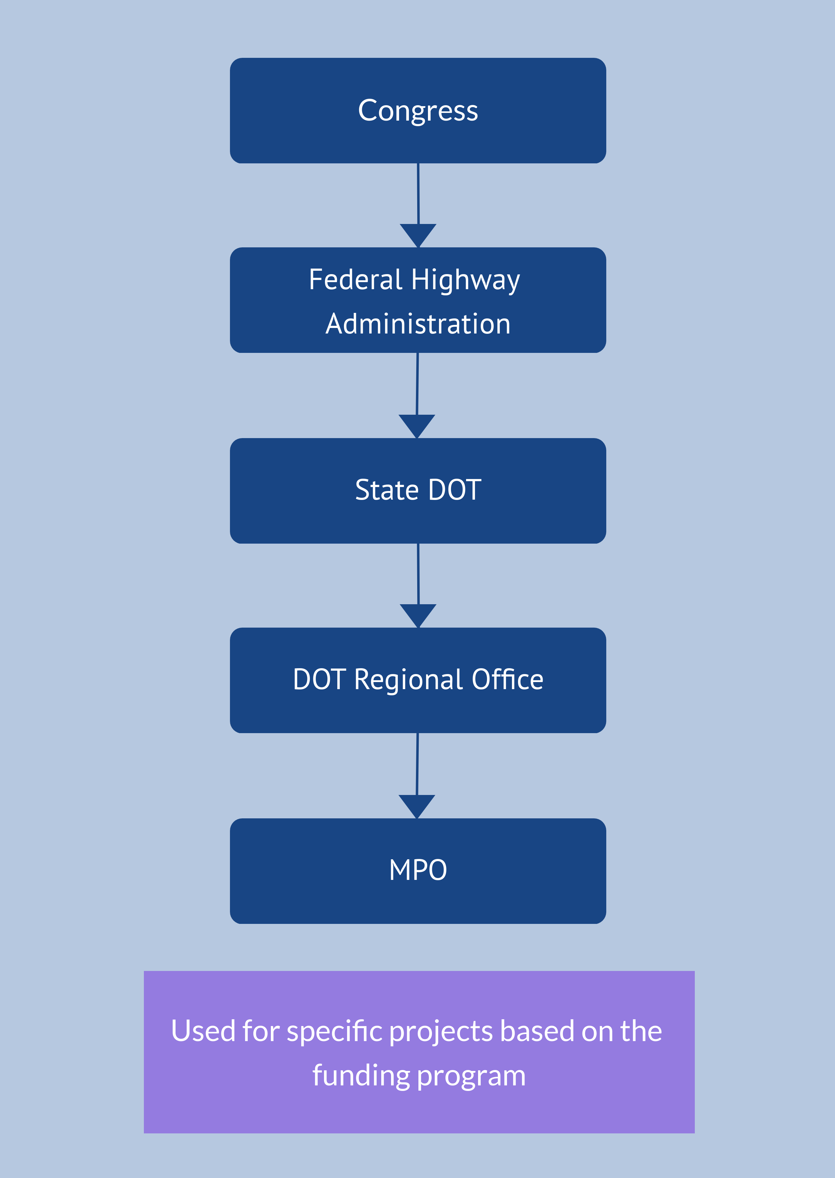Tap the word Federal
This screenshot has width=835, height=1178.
click(x=355, y=280)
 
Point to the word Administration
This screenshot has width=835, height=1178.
click(x=418, y=324)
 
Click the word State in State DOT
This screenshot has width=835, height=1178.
click(x=387, y=490)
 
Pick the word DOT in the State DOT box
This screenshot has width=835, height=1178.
click(x=454, y=490)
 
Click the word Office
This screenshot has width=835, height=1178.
click(x=508, y=680)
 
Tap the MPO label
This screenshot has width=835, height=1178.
click(x=418, y=870)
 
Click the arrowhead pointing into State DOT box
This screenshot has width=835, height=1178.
click(x=417, y=425)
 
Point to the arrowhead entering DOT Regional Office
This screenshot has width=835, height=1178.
click(x=418, y=615)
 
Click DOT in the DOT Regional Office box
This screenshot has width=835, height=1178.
click(x=319, y=680)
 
